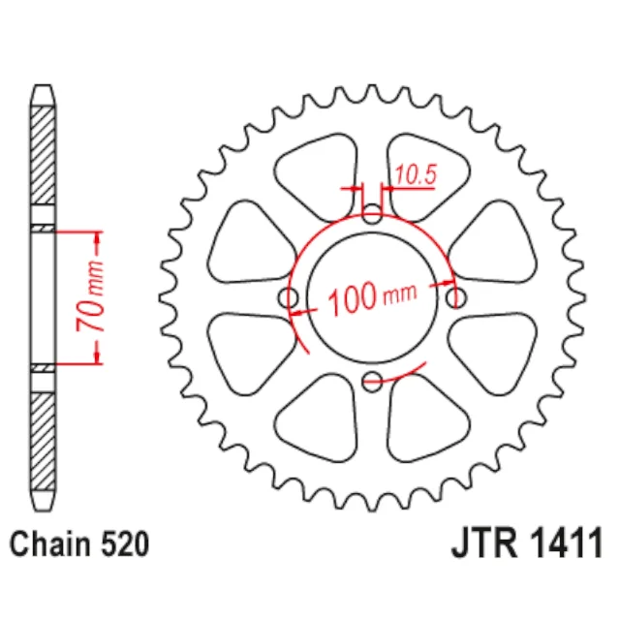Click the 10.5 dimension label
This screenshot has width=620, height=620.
[x=416, y=174]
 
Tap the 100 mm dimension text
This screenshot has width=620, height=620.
[x=372, y=297]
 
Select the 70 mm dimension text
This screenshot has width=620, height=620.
[x=91, y=296]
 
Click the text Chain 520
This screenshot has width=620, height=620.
[x=79, y=544]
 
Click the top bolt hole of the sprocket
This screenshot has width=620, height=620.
[x=372, y=213]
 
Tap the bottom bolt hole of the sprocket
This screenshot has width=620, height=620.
[x=372, y=382]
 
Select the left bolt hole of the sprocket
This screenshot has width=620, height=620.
[x=289, y=297]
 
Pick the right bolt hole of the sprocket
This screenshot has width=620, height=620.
[x=456, y=297]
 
